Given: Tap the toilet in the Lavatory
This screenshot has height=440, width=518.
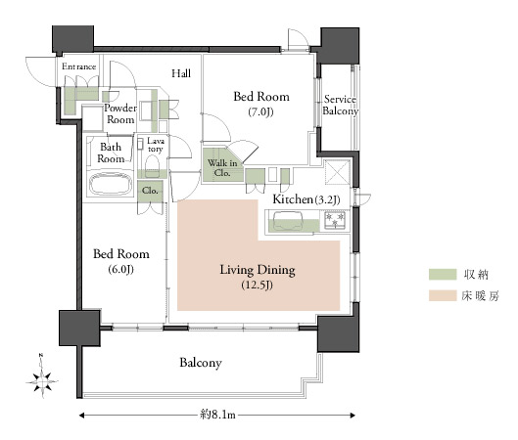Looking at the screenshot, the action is (152, 162).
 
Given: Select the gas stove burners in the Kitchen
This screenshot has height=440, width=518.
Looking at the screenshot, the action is (335, 220).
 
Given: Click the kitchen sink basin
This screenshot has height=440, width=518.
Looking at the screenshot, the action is (288, 221).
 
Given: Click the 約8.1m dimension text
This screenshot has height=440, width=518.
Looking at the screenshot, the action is (217, 415).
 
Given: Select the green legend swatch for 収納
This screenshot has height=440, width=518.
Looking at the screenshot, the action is (443, 275).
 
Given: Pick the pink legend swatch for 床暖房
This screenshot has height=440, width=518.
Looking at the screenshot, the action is (443, 295).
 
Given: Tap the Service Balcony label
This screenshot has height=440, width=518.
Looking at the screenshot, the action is (340, 105).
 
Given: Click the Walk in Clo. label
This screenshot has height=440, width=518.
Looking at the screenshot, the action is (222, 168).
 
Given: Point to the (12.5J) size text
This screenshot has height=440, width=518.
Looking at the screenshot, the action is (257, 285).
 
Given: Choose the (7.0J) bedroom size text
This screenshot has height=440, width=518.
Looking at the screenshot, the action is (261, 112).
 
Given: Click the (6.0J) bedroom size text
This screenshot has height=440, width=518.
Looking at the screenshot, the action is (120, 270).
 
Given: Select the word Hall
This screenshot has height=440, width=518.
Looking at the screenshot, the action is (181, 73).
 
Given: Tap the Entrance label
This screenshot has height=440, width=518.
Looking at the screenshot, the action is (78, 66).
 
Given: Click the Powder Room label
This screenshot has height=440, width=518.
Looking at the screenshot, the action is (120, 113).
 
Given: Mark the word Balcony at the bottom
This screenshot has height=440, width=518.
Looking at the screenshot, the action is (201, 363).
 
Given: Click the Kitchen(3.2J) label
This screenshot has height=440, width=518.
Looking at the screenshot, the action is (306, 199).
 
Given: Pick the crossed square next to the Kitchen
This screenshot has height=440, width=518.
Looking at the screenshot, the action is (338, 172).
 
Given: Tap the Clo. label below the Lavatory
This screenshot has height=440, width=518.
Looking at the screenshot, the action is (150, 191).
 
